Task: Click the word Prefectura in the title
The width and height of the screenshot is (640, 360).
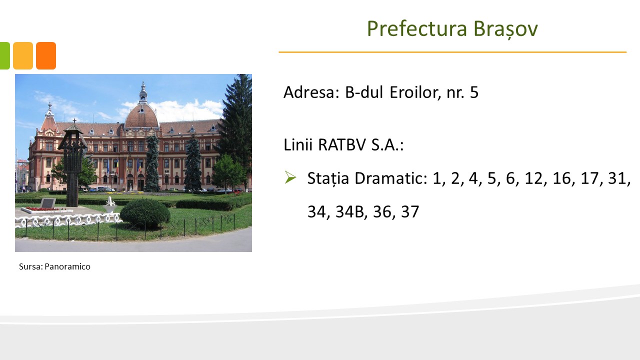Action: [x=417, y=28]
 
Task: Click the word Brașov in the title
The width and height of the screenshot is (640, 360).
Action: [x=505, y=29]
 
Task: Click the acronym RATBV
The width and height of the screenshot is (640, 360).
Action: [x=341, y=144]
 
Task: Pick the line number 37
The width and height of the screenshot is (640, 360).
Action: [x=410, y=211]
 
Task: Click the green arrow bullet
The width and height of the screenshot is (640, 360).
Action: [x=290, y=177]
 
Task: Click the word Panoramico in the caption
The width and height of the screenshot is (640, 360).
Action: [x=67, y=266]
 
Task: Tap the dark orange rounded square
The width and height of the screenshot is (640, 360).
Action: [x=46, y=55]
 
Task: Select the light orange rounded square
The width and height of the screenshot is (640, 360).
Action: [x=23, y=55]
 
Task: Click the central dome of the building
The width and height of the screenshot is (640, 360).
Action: [x=141, y=115]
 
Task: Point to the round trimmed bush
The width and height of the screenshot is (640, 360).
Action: [x=145, y=213]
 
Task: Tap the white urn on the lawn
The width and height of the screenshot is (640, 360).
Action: [x=110, y=204]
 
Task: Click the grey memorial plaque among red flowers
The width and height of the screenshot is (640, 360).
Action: [x=48, y=203]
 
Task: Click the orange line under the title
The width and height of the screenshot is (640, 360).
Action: [x=452, y=52]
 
